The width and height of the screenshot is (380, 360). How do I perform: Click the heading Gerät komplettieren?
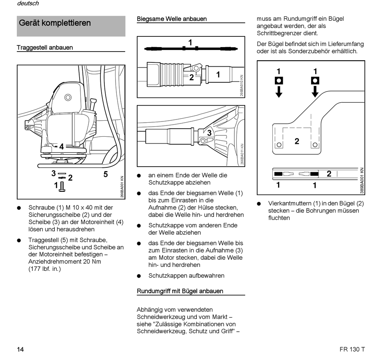[x=55, y=23]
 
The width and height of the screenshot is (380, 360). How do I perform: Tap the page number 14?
[x=20, y=350]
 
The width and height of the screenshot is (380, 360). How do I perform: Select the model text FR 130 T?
[x=349, y=350]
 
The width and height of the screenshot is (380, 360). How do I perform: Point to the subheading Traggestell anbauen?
[x=45, y=48]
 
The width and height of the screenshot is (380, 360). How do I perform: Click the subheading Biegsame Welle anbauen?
[x=172, y=19]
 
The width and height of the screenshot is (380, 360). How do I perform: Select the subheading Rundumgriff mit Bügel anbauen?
[x=180, y=291]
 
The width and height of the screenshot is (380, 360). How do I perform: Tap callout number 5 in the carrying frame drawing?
[x=106, y=174]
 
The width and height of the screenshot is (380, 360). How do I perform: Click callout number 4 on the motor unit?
[x=62, y=147]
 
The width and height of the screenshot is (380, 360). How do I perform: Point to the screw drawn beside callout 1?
[x=62, y=186]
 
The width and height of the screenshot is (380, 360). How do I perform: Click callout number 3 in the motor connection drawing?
[x=209, y=133]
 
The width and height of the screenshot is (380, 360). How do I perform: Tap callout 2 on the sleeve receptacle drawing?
[x=192, y=78]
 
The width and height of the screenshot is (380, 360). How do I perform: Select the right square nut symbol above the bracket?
[x=315, y=81]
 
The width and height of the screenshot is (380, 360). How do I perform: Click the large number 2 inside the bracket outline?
[x=297, y=141]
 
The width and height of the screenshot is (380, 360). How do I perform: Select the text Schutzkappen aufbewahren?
[x=186, y=276]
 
